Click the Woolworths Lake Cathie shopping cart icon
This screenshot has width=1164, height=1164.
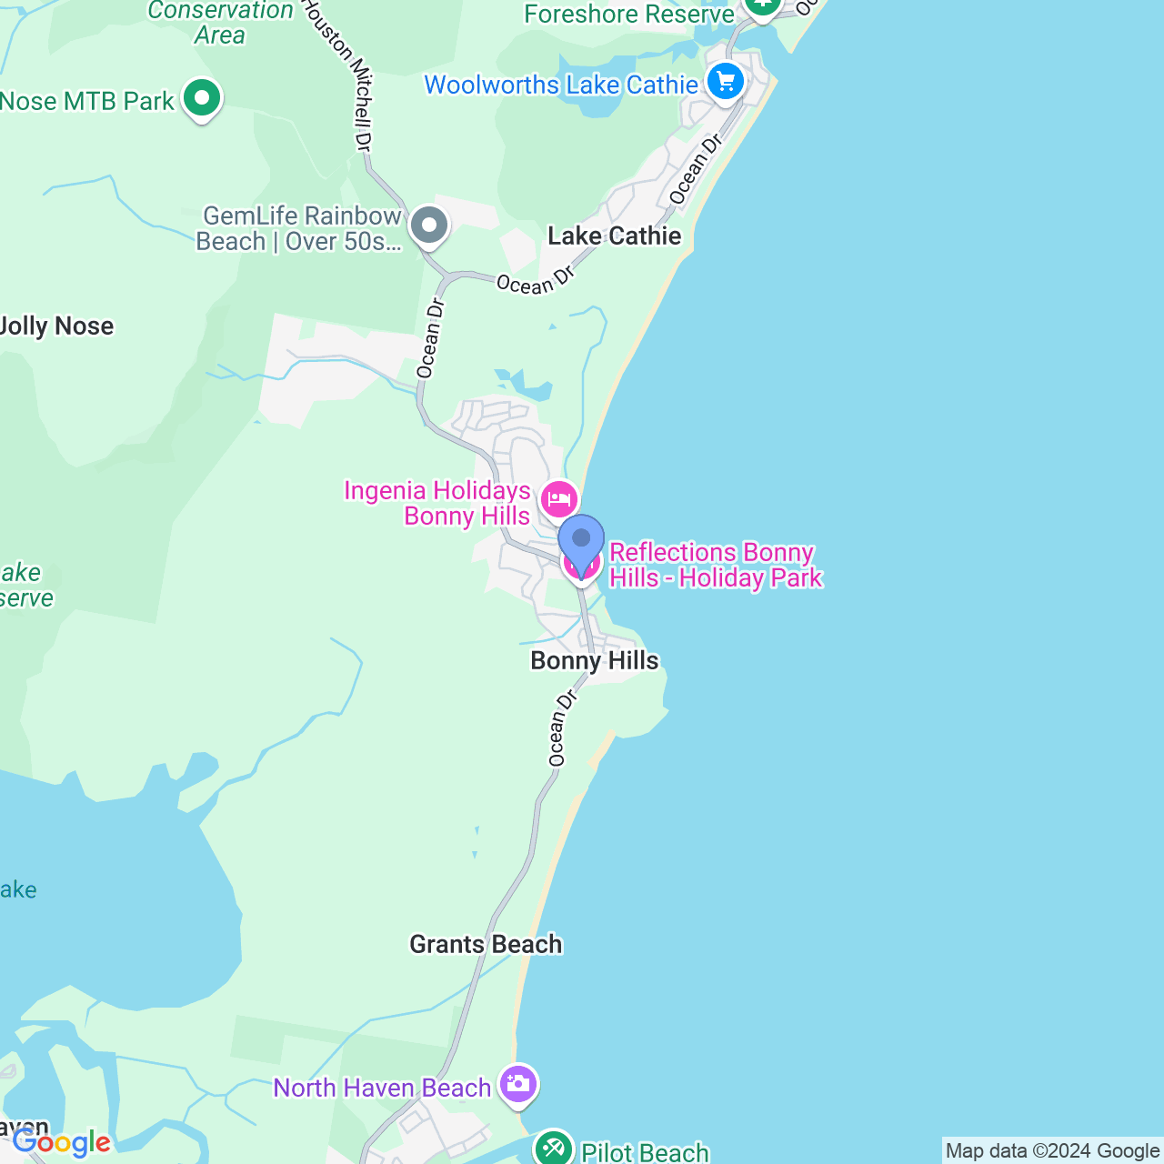725,83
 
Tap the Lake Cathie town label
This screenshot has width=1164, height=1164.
614,236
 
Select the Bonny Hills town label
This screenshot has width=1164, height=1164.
594,660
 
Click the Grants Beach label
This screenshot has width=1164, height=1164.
486,944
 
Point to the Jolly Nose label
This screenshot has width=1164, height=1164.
57,326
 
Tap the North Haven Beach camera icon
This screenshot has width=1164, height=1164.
517,1084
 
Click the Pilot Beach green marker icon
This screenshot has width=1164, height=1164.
553,1149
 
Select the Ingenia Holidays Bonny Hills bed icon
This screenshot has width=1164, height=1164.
558,499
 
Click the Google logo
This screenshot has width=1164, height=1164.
62,1142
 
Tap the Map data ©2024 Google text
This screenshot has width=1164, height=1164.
1052,1151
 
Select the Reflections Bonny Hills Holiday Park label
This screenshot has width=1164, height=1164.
715,565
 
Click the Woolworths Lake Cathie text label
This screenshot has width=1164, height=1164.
560,85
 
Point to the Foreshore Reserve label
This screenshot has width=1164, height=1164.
628,14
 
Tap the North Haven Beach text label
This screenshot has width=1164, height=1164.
382,1088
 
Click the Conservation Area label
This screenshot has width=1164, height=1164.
220,23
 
